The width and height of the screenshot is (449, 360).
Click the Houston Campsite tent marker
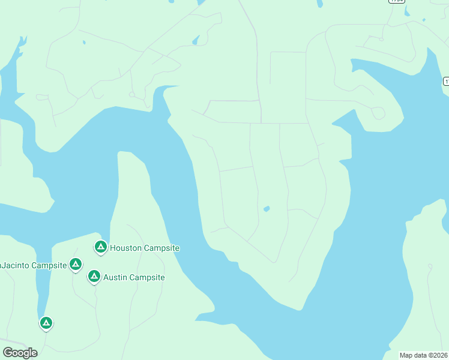click(x=101, y=247)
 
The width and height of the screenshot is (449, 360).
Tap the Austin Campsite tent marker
click(x=94, y=276)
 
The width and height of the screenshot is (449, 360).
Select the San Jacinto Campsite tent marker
click(x=76, y=263)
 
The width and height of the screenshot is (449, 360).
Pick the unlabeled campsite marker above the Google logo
click(x=46, y=323)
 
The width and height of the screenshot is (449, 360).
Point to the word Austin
click(x=116, y=278)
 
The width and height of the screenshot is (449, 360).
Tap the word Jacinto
click(x=14, y=265)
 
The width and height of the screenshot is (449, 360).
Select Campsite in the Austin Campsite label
click(x=148, y=278)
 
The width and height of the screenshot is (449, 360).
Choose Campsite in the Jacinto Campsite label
click(x=49, y=265)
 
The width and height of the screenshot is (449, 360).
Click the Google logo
click(x=20, y=352)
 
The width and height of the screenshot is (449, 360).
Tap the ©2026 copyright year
click(x=438, y=355)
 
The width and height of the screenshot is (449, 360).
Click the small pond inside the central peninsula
click(x=267, y=209)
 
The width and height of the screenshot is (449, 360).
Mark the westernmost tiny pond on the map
click(x=84, y=43)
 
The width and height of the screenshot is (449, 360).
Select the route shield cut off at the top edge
click(x=396, y=1)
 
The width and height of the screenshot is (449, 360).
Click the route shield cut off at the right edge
click(x=447, y=80)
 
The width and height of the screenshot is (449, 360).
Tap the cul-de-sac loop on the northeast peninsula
click(x=378, y=113)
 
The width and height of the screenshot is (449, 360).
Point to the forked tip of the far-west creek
click(x=23, y=41)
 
